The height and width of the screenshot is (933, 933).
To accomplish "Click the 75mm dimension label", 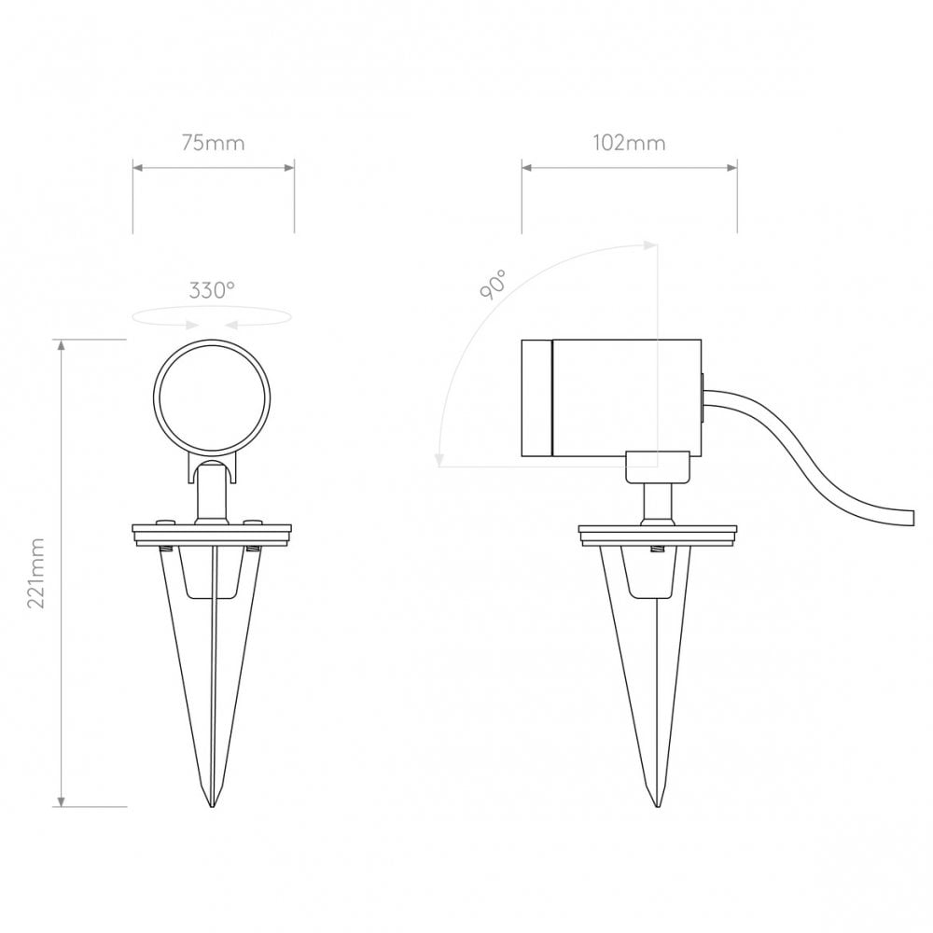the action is point(213,144).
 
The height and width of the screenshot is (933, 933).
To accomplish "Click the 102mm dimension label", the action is point(629,143).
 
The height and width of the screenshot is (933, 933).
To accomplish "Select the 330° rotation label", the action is point(212,290).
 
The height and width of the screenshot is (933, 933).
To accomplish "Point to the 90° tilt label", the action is point(494,285).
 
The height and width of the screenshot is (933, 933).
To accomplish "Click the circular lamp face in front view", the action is point(212,398).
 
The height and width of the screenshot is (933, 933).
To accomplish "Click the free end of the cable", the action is point(911,517).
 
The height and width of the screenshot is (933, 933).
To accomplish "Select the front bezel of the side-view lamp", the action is point(536,398).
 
